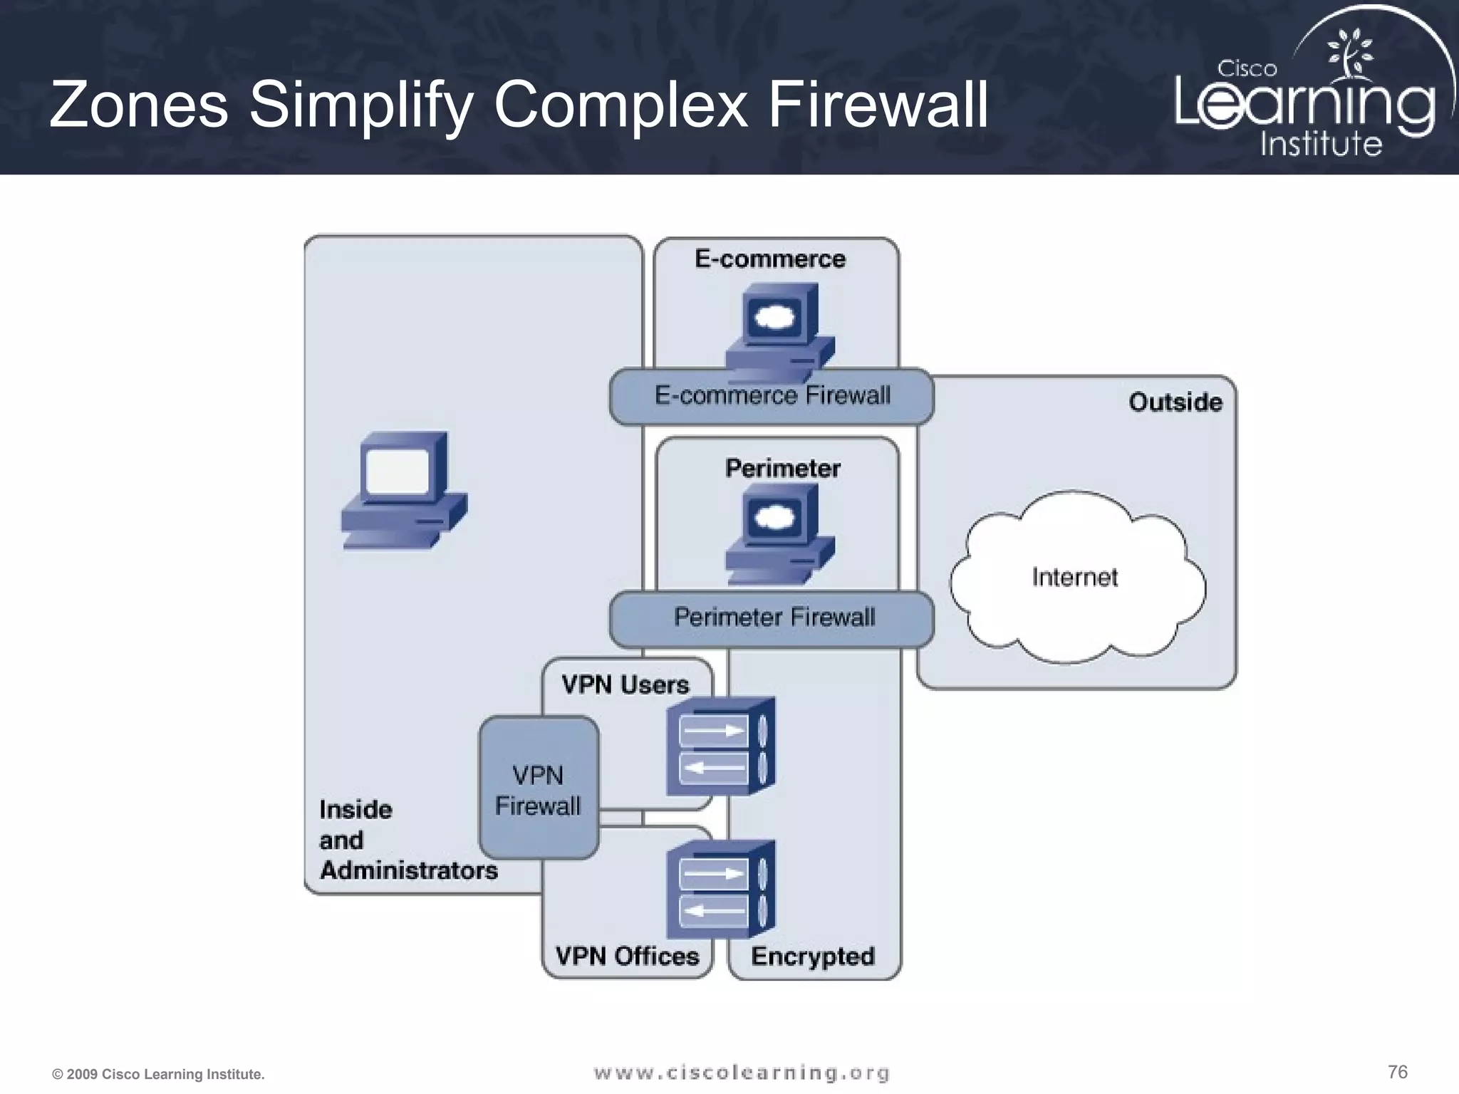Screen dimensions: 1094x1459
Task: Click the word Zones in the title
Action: coord(139,105)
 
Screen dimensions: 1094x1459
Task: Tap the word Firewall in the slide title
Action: coord(878,105)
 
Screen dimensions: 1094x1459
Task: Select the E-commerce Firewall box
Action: coord(772,396)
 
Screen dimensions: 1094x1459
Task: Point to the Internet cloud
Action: coord(1076,577)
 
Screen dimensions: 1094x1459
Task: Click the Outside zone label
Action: coord(1175,402)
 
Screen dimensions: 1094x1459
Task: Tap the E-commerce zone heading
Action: coord(770,259)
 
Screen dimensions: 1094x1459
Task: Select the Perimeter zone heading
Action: coord(782,469)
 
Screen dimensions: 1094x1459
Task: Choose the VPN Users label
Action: coord(625,685)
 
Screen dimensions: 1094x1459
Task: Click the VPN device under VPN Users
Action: coord(720,746)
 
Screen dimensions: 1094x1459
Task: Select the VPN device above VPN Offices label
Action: coord(720,890)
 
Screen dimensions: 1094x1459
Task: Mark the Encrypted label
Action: coord(812,957)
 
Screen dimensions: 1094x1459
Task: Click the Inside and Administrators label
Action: coord(407,840)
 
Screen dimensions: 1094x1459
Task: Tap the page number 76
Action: coord(1397,1072)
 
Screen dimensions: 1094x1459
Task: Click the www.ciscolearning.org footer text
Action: coord(742,1073)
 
